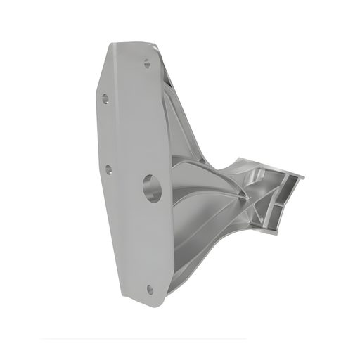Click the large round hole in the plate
(x=152, y=188)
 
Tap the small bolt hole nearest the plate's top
(x=147, y=63)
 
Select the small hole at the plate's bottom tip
(x=150, y=288)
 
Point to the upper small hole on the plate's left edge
(x=105, y=98)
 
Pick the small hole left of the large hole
(x=108, y=169)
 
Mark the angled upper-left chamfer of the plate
(x=103, y=67)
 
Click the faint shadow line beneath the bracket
(x=141, y=339)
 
